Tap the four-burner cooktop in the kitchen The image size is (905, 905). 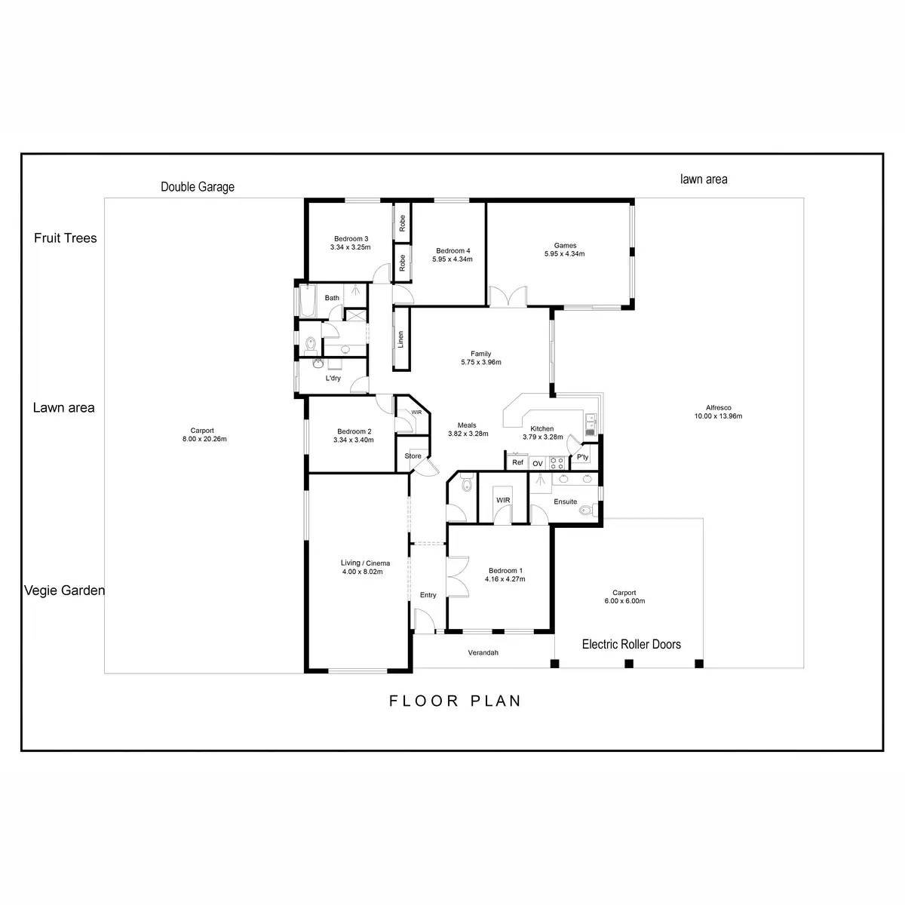(x=558, y=462)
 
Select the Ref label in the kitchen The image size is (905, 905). (x=517, y=462)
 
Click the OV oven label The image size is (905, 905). (x=538, y=463)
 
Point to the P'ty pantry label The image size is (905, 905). (x=582, y=457)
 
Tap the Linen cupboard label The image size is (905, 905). (x=400, y=339)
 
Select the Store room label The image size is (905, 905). (x=413, y=456)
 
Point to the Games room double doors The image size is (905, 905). (x=508, y=296)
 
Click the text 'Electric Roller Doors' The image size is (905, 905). (x=631, y=644)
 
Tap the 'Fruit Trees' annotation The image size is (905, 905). (x=66, y=238)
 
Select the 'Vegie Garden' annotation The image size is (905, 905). (x=65, y=591)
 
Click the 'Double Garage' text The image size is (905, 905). (x=198, y=186)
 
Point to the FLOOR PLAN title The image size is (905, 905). (x=455, y=701)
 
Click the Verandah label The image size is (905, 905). (x=483, y=653)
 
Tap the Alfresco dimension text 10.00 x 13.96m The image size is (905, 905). (x=719, y=416)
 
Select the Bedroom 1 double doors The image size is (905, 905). (x=457, y=578)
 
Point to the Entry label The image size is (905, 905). (x=428, y=595)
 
